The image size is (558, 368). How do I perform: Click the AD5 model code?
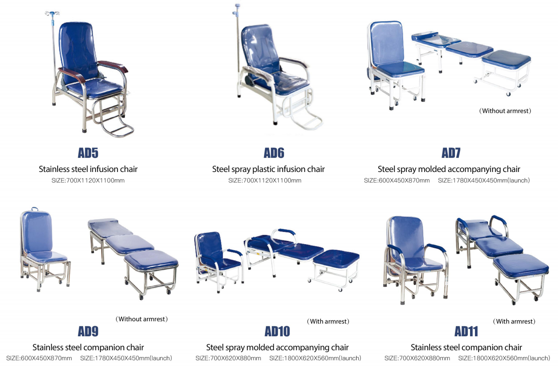pyautogui.click(x=88, y=153)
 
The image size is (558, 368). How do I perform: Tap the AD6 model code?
pyautogui.click(x=274, y=153)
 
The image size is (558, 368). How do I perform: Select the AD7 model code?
pyautogui.click(x=451, y=153)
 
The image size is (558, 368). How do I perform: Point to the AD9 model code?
pyautogui.click(x=88, y=331)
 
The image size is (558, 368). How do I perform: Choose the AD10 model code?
pyautogui.click(x=277, y=331)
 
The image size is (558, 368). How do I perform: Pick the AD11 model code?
pyautogui.click(x=466, y=331)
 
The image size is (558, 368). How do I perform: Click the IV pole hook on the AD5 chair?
pyautogui.click(x=52, y=13)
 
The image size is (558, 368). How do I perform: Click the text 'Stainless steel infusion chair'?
pyautogui.click(x=88, y=169)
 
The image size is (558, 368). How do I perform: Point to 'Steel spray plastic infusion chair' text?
pyautogui.click(x=268, y=169)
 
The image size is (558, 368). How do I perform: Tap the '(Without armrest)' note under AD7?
pyautogui.click(x=505, y=111)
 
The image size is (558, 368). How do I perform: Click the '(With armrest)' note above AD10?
pyautogui.click(x=328, y=321)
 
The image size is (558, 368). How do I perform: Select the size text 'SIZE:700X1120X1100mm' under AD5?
pyautogui.click(x=88, y=181)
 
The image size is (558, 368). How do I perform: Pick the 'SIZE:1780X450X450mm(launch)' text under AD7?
pyautogui.click(x=484, y=181)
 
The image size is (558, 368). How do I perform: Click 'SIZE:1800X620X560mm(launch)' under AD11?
pyautogui.click(x=504, y=358)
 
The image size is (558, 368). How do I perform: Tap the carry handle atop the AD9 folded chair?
pyautogui.click(x=34, y=209)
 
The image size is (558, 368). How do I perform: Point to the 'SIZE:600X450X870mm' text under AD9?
pyautogui.click(x=39, y=358)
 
